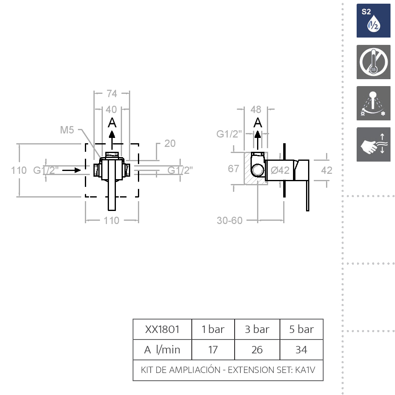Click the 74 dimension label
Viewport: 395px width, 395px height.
pos(112,94)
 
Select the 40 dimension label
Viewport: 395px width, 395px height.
pos(111,110)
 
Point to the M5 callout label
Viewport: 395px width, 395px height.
pos(67,130)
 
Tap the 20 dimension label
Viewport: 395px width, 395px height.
pos(170,143)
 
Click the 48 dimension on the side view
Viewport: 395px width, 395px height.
pos(256,110)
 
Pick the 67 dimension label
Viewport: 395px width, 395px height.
pos(233,169)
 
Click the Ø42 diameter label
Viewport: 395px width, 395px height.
pos(280,171)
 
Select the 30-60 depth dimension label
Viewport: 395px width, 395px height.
pos(230,220)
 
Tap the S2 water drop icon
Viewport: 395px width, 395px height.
pos(373,21)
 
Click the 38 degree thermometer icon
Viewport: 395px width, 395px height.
pos(373,62)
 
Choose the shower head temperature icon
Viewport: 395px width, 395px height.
pos(373,103)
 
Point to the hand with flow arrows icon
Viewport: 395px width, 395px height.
pos(373,144)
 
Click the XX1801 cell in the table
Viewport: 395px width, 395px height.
pos(162,329)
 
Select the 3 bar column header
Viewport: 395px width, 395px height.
pos(257,329)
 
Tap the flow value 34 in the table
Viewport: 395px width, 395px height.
pos(301,350)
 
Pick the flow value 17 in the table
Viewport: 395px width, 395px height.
pos(213,350)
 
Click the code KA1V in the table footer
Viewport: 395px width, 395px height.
pos(305,370)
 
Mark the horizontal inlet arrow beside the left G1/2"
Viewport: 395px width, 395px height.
pos(71,170)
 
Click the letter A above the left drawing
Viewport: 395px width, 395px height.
pos(112,123)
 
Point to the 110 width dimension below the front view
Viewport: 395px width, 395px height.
pos(111,221)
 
